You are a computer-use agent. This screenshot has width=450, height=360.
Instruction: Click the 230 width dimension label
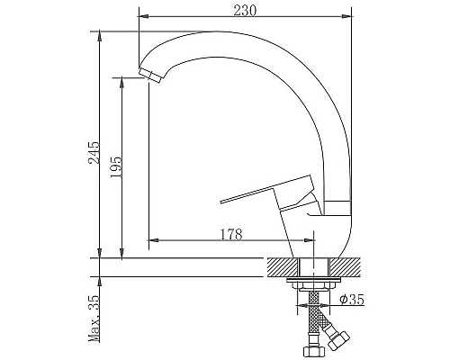pos(245,11)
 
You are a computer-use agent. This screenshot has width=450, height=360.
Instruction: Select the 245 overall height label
pos(94,153)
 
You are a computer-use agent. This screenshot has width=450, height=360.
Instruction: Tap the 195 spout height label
pos(116,167)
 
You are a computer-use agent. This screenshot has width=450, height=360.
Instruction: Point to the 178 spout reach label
pos(231,234)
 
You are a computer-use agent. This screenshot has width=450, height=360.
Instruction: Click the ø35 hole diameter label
pos(352,299)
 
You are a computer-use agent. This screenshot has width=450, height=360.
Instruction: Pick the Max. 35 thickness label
pos(94,319)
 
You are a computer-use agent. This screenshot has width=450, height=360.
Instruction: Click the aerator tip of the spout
pos(151,76)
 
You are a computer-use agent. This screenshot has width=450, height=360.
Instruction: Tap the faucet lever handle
pos(267,191)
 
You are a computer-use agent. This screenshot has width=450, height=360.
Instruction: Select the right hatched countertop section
pos(345,267)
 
